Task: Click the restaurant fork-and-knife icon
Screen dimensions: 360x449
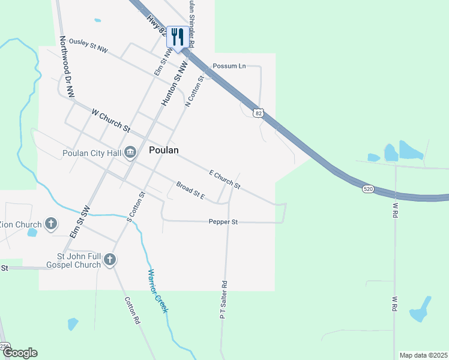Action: point(176,37)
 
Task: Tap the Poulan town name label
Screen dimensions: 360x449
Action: point(163,150)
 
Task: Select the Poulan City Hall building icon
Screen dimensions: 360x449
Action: point(130,154)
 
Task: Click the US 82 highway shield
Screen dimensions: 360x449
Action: point(258,112)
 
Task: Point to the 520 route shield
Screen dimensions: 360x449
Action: point(369,189)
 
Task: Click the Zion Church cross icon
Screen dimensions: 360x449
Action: point(51,224)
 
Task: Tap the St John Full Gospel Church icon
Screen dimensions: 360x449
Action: point(109,260)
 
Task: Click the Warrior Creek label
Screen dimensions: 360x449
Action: point(158,290)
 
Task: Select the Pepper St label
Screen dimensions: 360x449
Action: point(223,222)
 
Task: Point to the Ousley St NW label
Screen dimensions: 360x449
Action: point(88,46)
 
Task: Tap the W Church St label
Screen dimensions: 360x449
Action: point(110,119)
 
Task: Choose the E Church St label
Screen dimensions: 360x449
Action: point(224,179)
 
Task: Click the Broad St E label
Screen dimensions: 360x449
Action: point(190,191)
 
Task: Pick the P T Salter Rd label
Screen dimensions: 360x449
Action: point(223,299)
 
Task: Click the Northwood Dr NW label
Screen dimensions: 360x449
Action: point(67,66)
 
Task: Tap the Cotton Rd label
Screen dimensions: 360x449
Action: point(132,310)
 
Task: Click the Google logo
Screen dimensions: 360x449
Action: point(20,353)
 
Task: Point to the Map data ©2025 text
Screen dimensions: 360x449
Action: point(423,355)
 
